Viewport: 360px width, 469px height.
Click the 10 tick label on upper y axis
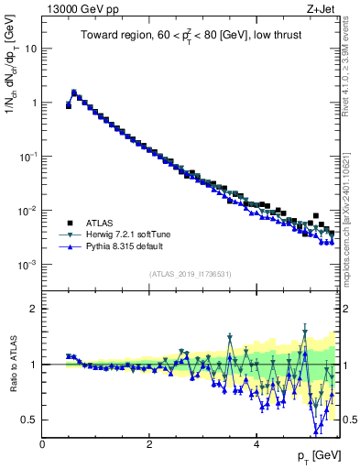30,49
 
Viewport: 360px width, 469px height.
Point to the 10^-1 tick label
27,157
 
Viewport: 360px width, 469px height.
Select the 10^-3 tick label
27,265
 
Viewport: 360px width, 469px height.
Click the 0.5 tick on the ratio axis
28,420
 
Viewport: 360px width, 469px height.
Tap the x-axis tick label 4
256,444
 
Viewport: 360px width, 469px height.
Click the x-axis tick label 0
43,444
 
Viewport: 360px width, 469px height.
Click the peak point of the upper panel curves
74,92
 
